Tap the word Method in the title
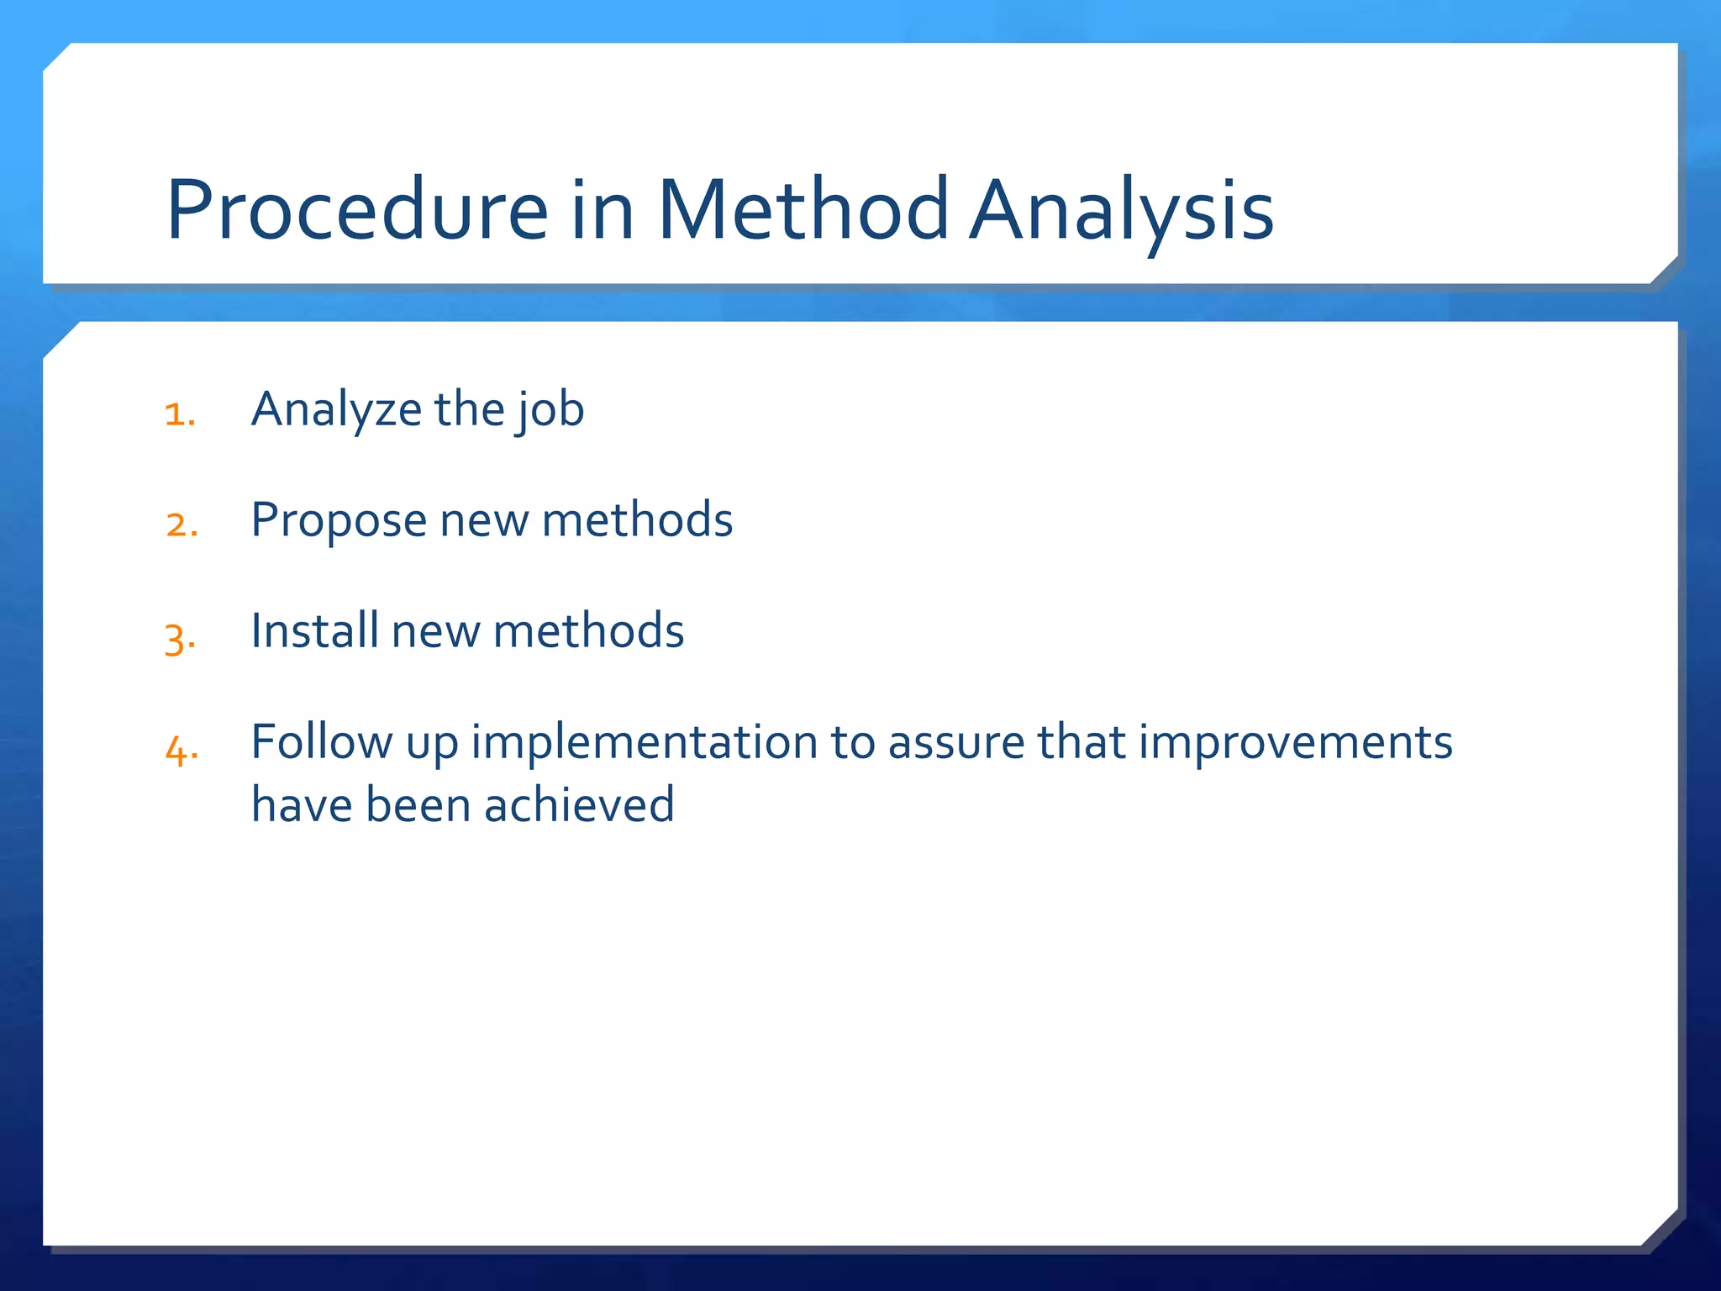point(803,210)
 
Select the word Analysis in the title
point(1121,210)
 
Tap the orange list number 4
point(182,749)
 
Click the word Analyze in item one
point(336,410)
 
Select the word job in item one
point(550,410)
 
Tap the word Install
point(314,630)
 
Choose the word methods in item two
point(637,519)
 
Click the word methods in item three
point(588,630)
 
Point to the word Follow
point(321,741)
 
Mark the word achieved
point(579,804)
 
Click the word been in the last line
point(418,804)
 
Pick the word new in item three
point(435,632)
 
